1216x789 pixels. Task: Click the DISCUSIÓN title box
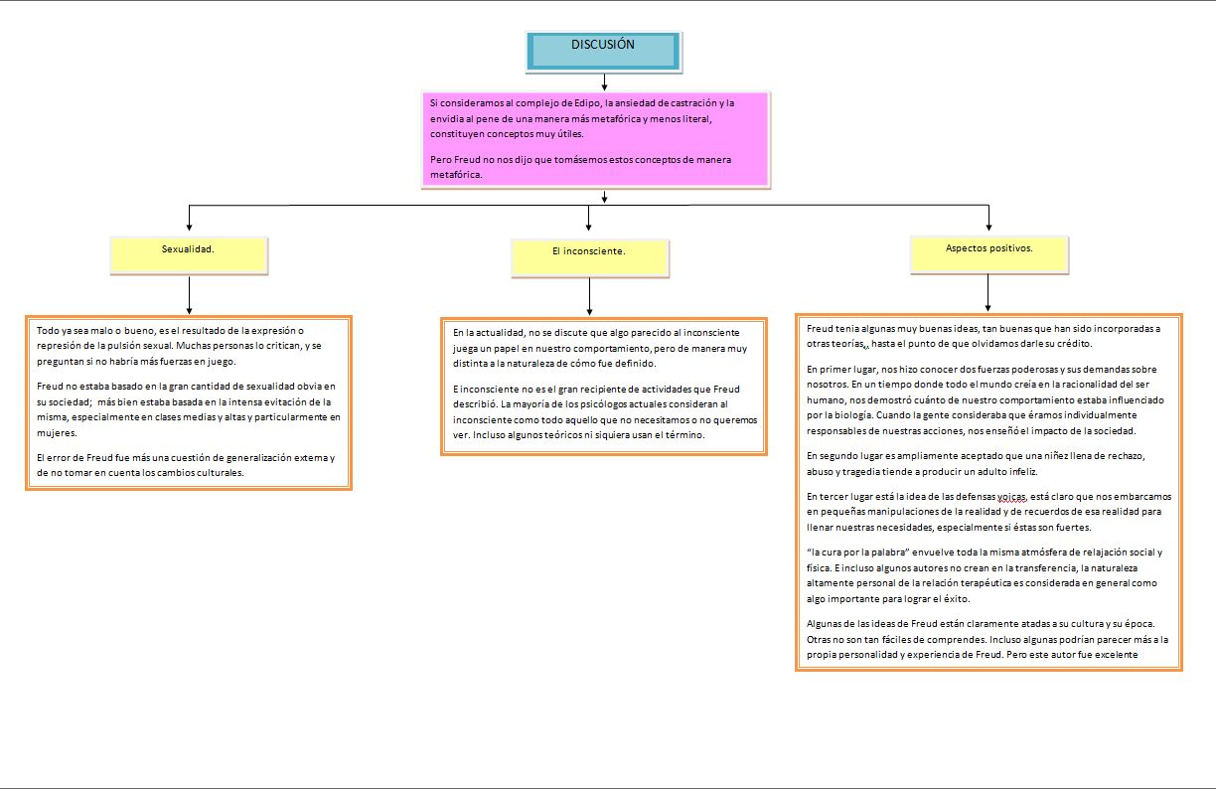[603, 50]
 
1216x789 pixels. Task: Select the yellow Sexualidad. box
[188, 254]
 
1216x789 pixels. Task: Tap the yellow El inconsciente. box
[589, 256]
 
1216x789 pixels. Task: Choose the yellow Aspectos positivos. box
[988, 252]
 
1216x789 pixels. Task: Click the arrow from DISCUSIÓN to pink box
[603, 81]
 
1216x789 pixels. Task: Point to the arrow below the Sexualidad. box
[189, 296]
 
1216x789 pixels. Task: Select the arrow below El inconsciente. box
[590, 297]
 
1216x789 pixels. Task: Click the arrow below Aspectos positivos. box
[988, 294]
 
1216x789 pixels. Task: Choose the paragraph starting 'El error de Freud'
[185, 464]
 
